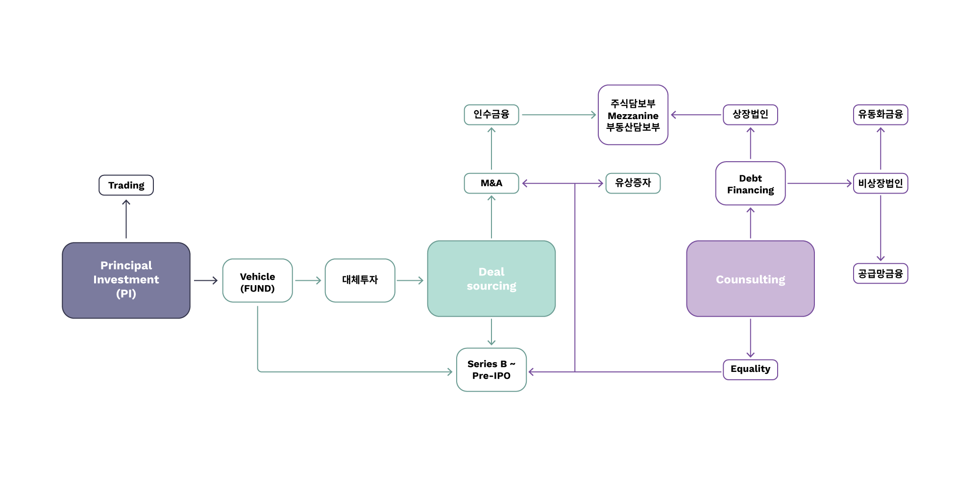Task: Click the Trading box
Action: coord(126,185)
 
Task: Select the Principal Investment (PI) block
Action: coord(126,280)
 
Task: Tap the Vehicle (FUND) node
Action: coord(258,280)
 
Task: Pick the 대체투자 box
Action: coord(360,280)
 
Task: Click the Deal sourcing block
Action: coord(491,279)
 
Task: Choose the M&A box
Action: coord(491,183)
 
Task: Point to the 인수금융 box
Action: coord(491,115)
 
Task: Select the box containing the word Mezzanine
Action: coord(633,115)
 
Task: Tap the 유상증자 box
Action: coord(633,183)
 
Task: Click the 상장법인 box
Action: coord(751,115)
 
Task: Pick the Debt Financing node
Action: coord(751,183)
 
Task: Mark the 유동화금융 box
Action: coord(881,115)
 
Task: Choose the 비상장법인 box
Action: coord(881,183)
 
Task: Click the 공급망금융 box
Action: coord(881,273)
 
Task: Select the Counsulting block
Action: coord(751,279)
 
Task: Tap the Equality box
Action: coord(751,369)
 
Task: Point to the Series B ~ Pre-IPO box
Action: coord(491,370)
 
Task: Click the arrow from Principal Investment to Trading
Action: coord(126,219)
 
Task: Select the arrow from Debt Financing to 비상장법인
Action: coord(820,183)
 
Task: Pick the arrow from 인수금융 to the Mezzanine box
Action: coord(559,115)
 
